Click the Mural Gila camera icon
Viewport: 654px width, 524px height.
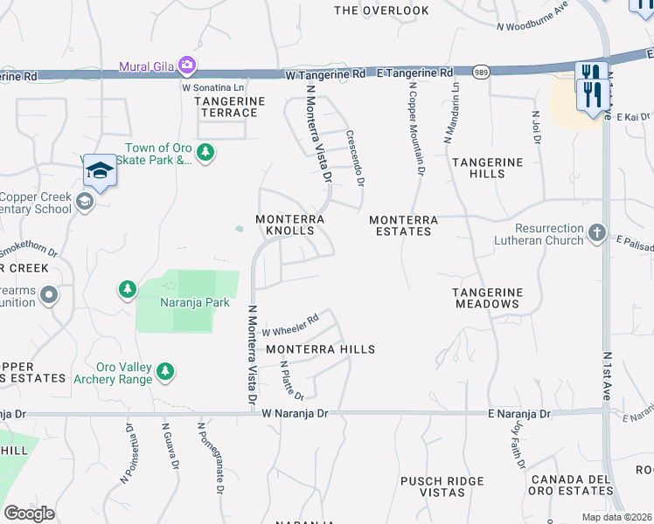(x=186, y=65)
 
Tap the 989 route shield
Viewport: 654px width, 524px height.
(x=481, y=72)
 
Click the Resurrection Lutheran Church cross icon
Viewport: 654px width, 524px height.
(x=596, y=232)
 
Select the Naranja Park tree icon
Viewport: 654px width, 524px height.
(x=128, y=289)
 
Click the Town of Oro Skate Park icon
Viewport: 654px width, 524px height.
(x=205, y=154)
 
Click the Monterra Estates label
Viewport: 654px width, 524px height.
(x=400, y=226)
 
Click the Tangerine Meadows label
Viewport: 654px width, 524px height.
(x=487, y=298)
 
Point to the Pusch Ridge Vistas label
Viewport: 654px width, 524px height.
(x=442, y=486)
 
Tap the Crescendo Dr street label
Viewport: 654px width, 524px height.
(x=354, y=158)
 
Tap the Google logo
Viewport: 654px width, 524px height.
(x=29, y=514)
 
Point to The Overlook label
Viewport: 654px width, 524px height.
(x=382, y=10)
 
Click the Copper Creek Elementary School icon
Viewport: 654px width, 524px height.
(x=84, y=203)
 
